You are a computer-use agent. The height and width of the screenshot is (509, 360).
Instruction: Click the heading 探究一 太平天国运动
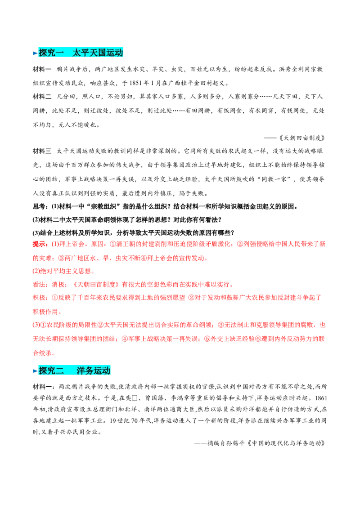tap(81, 53)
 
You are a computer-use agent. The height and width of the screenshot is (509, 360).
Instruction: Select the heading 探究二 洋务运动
tap(74, 371)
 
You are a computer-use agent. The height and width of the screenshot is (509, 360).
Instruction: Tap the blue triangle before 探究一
tap(35, 53)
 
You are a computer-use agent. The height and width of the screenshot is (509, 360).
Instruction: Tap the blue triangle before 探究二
tap(35, 371)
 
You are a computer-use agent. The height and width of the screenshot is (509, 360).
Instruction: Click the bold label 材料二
tap(42, 96)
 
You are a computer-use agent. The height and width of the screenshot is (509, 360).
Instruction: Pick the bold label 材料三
tap(42, 151)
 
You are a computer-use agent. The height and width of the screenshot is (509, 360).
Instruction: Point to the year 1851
tap(136, 83)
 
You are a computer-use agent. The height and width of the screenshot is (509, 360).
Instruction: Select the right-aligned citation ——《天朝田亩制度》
tap(294, 138)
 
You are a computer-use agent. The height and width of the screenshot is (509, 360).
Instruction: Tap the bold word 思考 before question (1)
tap(39, 206)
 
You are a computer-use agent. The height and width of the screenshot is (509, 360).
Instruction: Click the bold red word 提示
tap(39, 244)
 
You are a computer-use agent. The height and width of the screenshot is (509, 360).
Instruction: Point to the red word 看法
tap(39, 284)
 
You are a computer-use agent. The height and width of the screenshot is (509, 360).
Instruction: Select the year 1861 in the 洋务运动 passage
tap(321, 398)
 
